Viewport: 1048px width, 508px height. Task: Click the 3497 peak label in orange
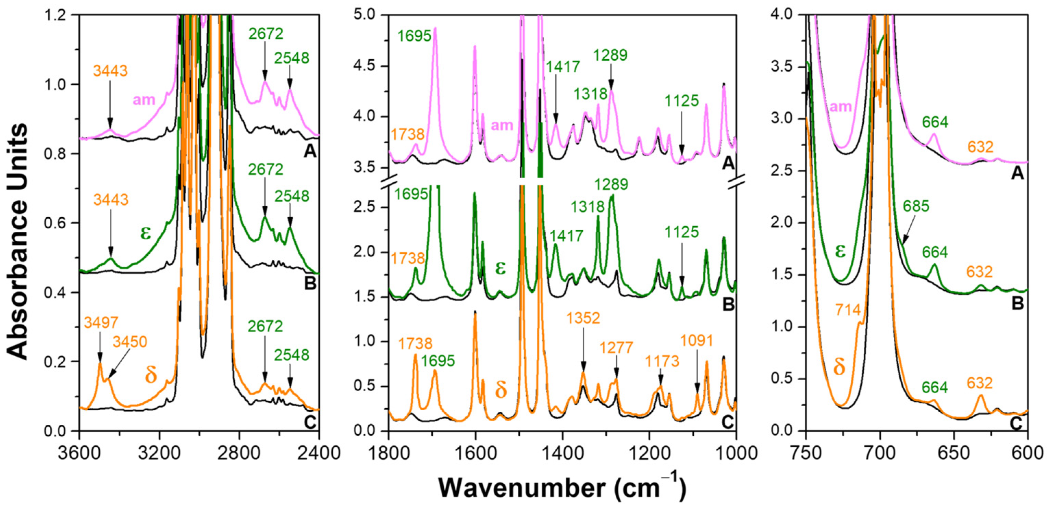click(x=101, y=323)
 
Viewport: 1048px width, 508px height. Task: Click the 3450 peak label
click(x=130, y=342)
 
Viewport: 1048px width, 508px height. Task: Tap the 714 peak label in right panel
click(x=848, y=310)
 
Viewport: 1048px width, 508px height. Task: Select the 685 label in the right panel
click(x=916, y=206)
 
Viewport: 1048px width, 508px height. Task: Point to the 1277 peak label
click(x=616, y=348)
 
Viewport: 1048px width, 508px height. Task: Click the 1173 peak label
click(x=662, y=361)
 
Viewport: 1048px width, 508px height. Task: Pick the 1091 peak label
click(x=697, y=341)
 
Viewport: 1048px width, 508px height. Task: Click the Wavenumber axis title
click(x=562, y=488)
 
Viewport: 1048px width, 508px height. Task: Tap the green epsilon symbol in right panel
click(x=840, y=251)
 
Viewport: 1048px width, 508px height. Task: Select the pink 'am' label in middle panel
click(x=502, y=125)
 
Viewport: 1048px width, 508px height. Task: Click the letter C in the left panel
click(x=310, y=423)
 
